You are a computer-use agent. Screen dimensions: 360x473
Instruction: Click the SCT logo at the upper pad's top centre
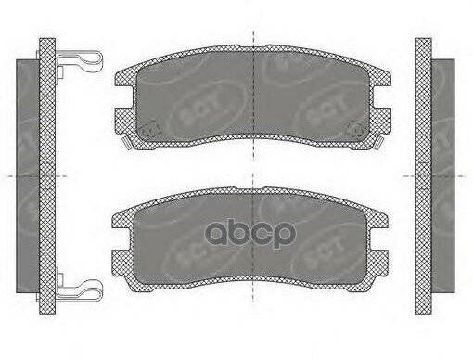point(278,71)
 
